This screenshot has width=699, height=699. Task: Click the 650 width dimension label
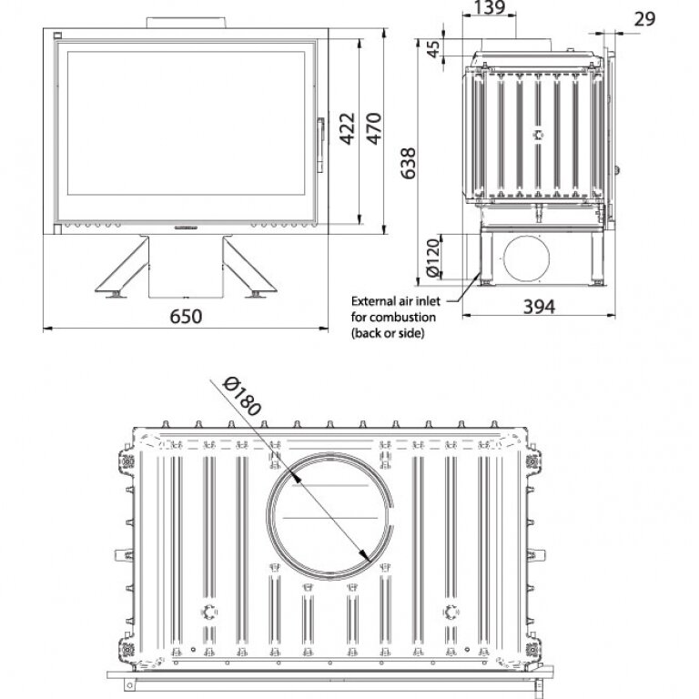click(186, 316)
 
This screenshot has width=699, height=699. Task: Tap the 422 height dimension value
click(348, 128)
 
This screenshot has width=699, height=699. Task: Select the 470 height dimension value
click(373, 128)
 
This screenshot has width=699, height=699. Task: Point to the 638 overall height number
click(408, 163)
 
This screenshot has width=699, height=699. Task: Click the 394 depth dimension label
click(539, 307)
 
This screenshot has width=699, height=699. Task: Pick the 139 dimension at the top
click(489, 7)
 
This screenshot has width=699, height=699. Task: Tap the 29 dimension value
click(644, 19)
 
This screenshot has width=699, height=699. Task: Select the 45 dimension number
click(433, 48)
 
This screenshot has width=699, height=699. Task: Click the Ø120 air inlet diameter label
click(433, 258)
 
